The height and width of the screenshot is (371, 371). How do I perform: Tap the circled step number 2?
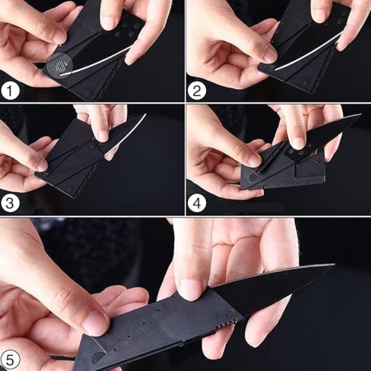197,91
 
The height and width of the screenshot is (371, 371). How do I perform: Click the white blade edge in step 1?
99,62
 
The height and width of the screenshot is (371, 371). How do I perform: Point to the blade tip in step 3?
143,116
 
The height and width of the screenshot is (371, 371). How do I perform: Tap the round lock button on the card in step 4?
252,177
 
